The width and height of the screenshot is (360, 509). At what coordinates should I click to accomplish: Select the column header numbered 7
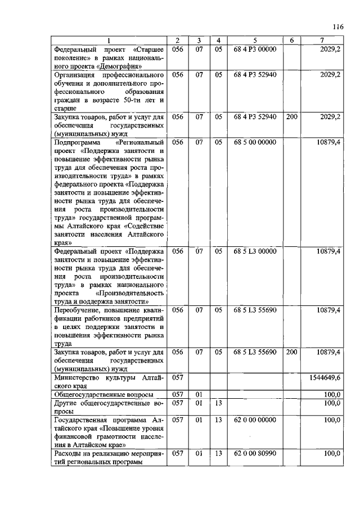(321, 40)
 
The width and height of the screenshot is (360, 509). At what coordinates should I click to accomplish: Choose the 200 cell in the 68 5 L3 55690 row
(291, 352)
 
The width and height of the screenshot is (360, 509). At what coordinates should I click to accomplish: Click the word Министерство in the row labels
(78, 377)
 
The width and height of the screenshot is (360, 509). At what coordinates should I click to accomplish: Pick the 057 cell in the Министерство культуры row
(177, 377)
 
